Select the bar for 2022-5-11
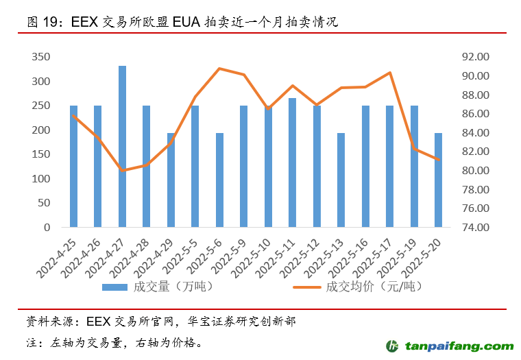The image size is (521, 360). (x=292, y=163)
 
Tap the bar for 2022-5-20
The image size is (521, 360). (x=438, y=180)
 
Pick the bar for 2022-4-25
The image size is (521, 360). (x=73, y=166)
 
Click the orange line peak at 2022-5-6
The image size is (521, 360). (x=219, y=69)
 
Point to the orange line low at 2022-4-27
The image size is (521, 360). (x=122, y=170)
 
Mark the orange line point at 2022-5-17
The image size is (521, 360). (x=389, y=73)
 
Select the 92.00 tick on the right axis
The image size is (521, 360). (x=474, y=57)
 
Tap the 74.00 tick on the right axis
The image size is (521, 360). (x=474, y=227)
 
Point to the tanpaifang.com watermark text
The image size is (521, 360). (x=458, y=346)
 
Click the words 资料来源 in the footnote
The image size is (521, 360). (x=43, y=321)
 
